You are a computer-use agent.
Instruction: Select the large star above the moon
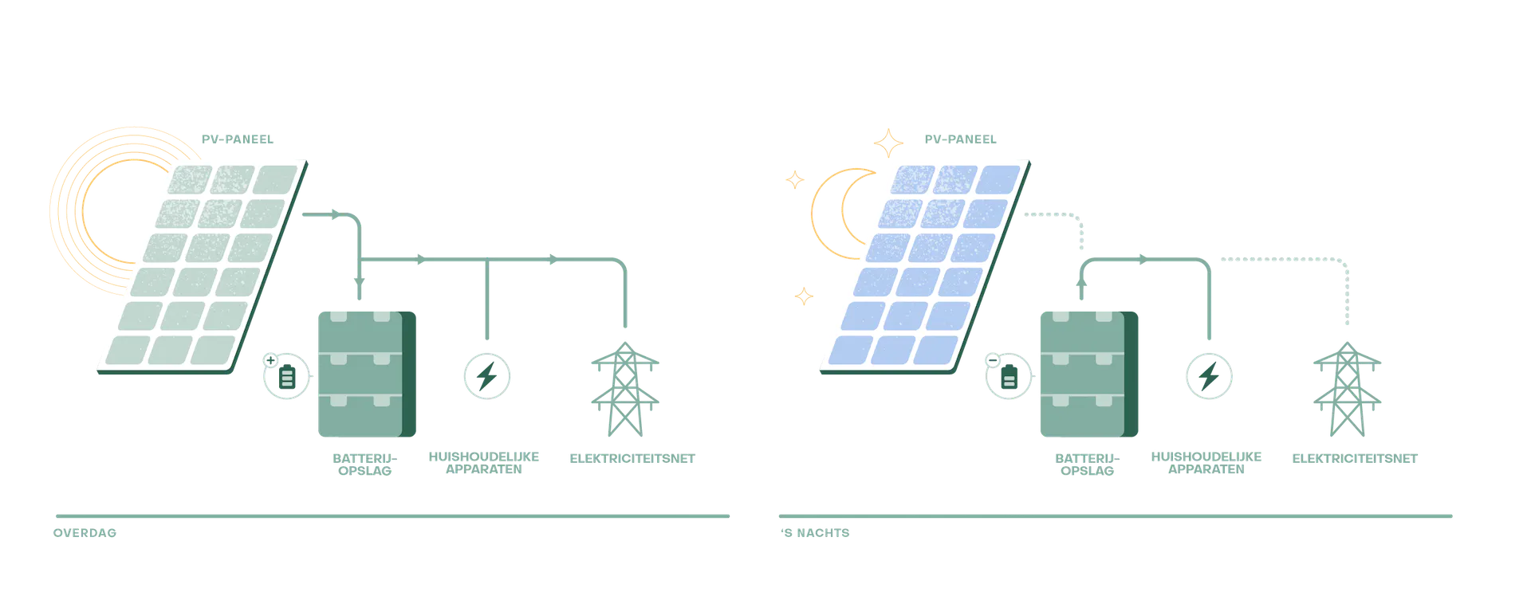click(x=887, y=143)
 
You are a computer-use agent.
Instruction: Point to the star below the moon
click(x=803, y=296)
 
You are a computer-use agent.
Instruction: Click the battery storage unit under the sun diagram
click(x=365, y=372)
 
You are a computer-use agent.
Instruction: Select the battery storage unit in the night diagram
click(x=1088, y=372)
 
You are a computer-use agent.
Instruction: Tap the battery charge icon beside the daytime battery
click(x=285, y=377)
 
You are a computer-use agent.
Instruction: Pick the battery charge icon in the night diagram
click(x=1008, y=377)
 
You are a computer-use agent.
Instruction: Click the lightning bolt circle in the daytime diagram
click(x=487, y=375)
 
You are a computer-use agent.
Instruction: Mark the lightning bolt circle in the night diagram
click(x=1208, y=375)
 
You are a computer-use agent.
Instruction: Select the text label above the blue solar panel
click(x=958, y=139)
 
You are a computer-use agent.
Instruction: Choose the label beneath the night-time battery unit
click(x=1087, y=464)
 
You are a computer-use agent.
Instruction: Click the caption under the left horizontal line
click(x=85, y=533)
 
